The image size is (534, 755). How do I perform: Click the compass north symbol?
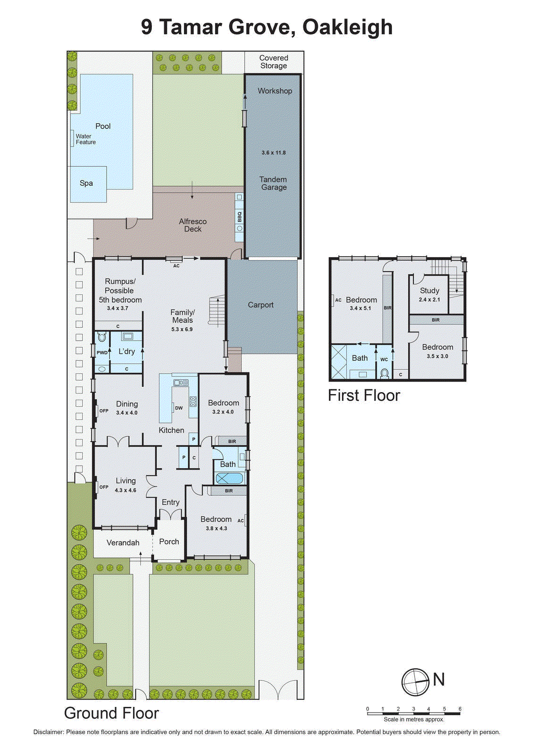tap(416, 682)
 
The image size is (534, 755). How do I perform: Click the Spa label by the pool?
tap(86, 183)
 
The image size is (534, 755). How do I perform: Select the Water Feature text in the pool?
tap(85, 139)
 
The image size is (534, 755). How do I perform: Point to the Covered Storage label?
tap(274, 62)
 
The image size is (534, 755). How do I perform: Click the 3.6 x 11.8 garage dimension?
tap(274, 152)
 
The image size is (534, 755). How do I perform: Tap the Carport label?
tap(260, 305)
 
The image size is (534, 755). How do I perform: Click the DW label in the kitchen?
tap(179, 408)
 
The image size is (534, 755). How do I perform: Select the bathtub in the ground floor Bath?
tap(229, 478)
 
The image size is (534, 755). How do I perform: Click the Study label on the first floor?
tap(429, 291)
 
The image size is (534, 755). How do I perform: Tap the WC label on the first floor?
tap(384, 360)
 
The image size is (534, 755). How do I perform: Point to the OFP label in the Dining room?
tap(104, 411)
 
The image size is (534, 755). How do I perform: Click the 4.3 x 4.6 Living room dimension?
tap(125, 490)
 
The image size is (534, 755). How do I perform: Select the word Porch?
tap(169, 542)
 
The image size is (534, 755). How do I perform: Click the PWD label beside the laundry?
tap(102, 352)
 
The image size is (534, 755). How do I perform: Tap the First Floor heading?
tap(364, 395)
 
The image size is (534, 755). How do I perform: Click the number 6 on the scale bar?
tap(459, 709)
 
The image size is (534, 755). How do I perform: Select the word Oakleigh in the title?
tap(347, 27)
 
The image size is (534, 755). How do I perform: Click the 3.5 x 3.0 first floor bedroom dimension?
tap(437, 356)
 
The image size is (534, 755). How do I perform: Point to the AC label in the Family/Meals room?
tap(176, 266)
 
